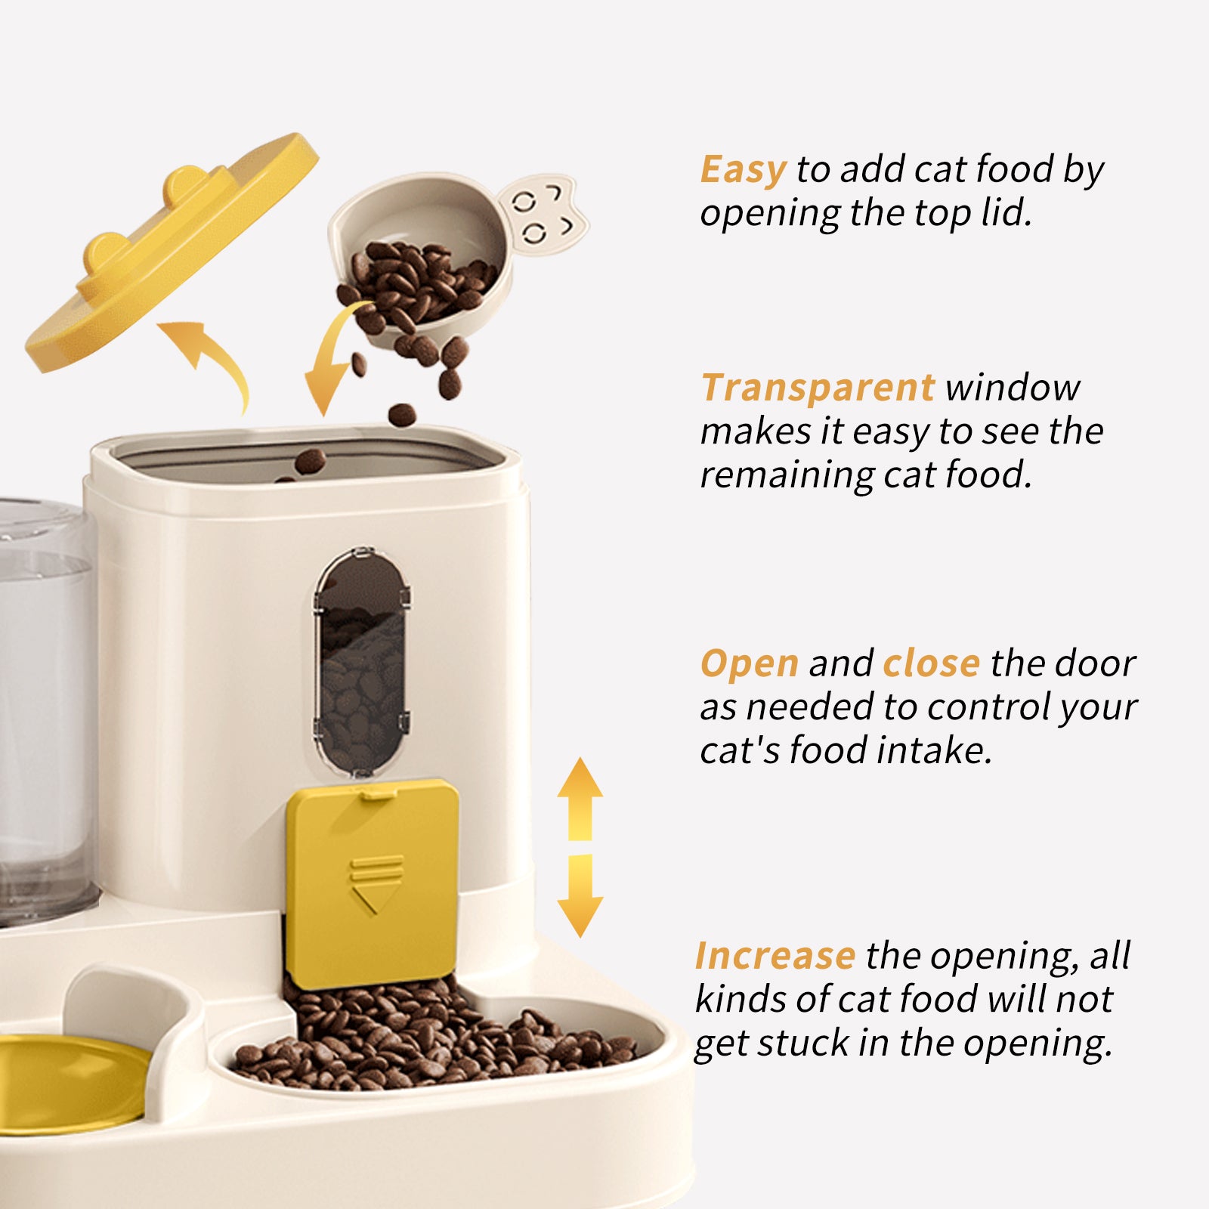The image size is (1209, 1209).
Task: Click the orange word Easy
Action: (743, 170)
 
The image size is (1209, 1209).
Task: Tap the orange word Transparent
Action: (818, 388)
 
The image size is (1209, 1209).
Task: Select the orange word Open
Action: (749, 664)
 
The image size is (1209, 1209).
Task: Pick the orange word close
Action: (931, 664)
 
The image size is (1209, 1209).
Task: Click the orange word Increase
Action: (775, 957)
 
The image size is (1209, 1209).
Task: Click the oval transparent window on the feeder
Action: (363, 661)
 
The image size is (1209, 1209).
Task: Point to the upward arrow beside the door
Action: (580, 797)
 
